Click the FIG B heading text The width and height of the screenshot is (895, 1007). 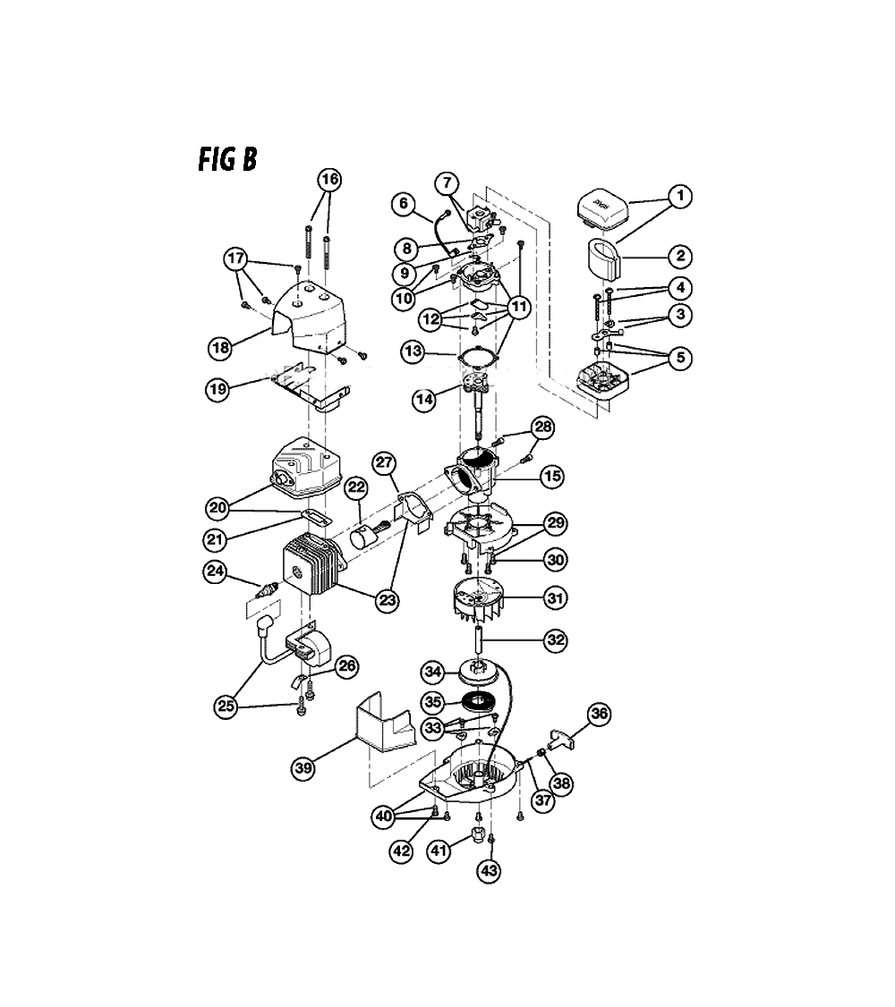click(226, 159)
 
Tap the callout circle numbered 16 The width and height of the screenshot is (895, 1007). click(329, 179)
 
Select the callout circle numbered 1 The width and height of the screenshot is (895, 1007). click(680, 196)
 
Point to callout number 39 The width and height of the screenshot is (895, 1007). click(303, 767)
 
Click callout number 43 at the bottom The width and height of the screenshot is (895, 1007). click(489, 870)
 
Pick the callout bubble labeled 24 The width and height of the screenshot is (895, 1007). click(215, 571)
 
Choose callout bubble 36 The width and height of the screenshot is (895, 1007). click(599, 714)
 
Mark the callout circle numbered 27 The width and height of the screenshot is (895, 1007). click(384, 462)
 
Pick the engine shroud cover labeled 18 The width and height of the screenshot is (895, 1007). click(310, 316)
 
